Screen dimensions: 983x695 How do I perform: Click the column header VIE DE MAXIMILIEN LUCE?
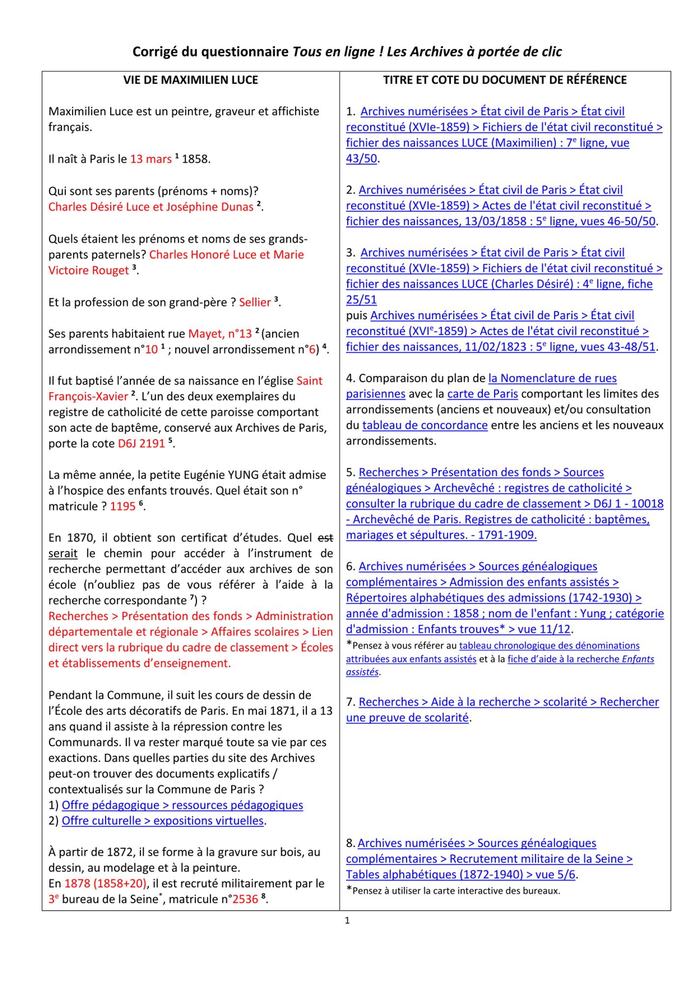[191, 80]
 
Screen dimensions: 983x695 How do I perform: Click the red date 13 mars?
[150, 159]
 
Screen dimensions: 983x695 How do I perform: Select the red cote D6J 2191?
[141, 443]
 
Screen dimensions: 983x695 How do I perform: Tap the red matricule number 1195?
[122, 506]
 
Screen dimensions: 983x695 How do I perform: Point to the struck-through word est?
[325, 538]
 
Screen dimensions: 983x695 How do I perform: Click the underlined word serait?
[63, 553]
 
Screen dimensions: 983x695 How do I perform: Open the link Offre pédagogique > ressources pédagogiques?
[182, 805]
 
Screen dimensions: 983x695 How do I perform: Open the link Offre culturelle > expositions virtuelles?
[163, 821]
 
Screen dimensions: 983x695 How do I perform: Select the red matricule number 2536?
[245, 899]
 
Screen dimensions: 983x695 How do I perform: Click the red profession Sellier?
[255, 302]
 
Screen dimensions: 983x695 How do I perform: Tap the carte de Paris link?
[482, 394]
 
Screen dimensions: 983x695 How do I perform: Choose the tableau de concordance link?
[425, 426]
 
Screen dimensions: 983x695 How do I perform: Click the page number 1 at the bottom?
[347, 921]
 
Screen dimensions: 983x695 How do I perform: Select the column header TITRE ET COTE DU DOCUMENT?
[505, 80]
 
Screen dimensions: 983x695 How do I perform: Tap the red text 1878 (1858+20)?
[106, 884]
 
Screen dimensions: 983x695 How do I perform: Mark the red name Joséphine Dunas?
[210, 207]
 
